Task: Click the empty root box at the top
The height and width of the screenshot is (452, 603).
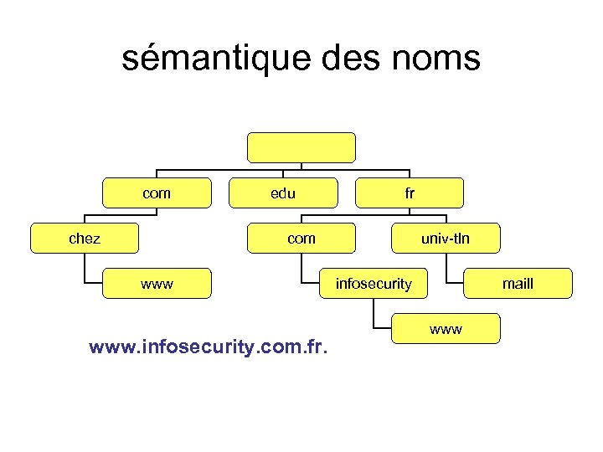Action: coord(301,147)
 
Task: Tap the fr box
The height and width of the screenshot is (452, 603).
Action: coord(410,193)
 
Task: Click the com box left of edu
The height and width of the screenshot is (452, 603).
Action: coord(156,193)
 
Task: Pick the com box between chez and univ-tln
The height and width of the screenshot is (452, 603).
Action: coord(301,238)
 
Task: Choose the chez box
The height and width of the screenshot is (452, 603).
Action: coord(85,238)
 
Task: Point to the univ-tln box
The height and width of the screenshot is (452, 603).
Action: coord(446,238)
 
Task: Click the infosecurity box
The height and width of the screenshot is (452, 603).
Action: coord(374,283)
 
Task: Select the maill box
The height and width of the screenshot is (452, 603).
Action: coord(518,283)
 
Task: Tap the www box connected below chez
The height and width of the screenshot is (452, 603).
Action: coord(157,283)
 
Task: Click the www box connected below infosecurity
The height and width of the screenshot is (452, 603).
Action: coord(446,328)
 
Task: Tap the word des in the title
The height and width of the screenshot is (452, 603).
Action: coord(349,59)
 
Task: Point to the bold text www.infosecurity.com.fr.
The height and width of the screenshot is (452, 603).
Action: coord(209,345)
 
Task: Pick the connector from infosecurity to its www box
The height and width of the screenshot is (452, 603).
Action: coord(374,314)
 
